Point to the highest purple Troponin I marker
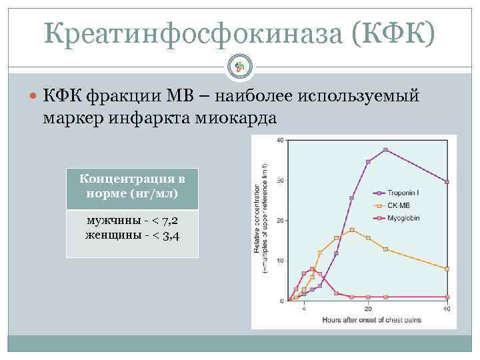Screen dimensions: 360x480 385,149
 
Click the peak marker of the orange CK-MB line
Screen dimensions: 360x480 351,230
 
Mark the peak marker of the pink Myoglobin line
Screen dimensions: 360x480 312,269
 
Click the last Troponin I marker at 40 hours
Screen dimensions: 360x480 447,181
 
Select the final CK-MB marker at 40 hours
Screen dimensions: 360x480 447,269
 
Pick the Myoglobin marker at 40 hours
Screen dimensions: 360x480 447,297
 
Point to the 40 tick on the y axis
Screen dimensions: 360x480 279,140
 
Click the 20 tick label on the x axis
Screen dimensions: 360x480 368,310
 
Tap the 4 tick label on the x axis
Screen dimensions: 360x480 304,310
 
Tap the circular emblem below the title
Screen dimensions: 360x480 240,65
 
